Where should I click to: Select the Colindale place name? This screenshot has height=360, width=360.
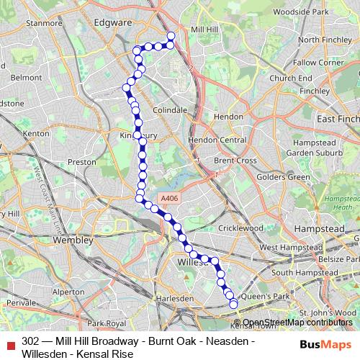click(x=170, y=110)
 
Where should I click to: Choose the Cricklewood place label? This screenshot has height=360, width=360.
click(x=242, y=228)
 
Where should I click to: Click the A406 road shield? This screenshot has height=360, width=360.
click(x=168, y=199)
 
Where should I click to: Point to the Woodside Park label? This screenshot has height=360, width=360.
click(x=317, y=13)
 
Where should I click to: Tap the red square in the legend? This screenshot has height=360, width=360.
click(x=9, y=343)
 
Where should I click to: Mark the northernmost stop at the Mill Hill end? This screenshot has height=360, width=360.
click(x=171, y=36)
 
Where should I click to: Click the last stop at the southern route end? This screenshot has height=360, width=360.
click(x=233, y=305)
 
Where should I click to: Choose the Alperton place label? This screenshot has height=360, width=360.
click(x=68, y=292)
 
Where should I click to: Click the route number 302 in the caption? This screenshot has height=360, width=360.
click(x=30, y=339)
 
